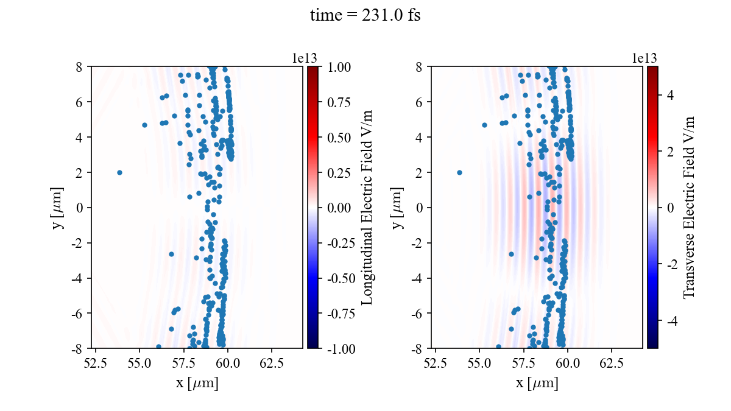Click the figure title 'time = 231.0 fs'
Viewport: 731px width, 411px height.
point(365,16)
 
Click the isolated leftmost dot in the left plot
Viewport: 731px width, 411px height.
point(119,172)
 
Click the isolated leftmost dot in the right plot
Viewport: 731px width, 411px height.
point(459,172)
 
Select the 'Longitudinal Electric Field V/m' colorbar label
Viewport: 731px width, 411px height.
point(367,207)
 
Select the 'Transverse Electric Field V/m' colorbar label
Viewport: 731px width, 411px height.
point(689,207)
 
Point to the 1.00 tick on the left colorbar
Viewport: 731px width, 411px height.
point(338,66)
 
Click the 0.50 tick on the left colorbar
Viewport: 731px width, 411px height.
point(338,137)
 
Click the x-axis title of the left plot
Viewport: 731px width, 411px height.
point(197,384)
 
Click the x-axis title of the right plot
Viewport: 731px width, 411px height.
point(537,384)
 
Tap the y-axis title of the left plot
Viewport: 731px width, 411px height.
point(58,207)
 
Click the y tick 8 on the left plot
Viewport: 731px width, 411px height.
point(79,66)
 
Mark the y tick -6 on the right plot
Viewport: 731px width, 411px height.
point(417,313)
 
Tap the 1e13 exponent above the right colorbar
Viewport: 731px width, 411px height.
point(644,58)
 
